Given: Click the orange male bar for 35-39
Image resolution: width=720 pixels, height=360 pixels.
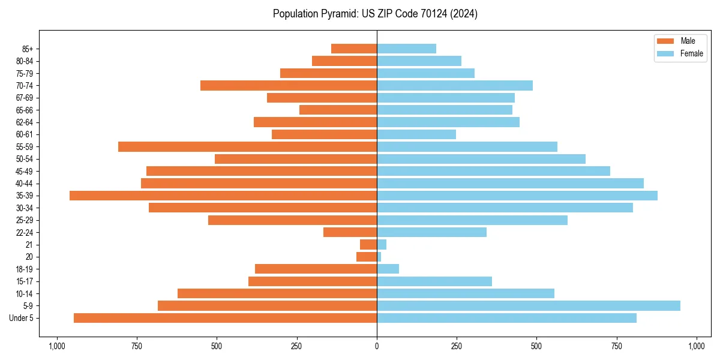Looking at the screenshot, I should click(x=223, y=196).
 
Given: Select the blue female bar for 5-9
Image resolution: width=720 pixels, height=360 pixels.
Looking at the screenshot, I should click(x=528, y=306).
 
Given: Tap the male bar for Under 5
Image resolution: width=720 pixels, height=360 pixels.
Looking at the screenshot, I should click(x=225, y=318).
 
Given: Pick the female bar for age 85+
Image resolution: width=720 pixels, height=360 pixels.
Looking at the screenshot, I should click(x=406, y=49).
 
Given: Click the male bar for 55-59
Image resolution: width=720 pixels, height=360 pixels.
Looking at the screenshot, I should click(x=247, y=146).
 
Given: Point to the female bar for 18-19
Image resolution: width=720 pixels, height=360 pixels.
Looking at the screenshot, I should click(x=388, y=269).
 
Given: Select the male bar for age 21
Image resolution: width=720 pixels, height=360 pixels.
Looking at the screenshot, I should click(x=368, y=244).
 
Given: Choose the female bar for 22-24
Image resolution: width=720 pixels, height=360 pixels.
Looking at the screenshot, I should click(x=431, y=232).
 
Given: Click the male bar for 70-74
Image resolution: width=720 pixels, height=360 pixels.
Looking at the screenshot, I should click(x=289, y=85).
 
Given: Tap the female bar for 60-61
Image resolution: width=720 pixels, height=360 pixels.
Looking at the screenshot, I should click(x=416, y=134).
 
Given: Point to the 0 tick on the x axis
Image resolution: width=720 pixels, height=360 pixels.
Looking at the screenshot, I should click(x=377, y=346).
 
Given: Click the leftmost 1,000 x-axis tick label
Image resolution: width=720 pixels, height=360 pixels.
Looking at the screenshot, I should click(x=57, y=346).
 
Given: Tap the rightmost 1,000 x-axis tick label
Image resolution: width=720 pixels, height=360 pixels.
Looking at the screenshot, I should click(x=697, y=346).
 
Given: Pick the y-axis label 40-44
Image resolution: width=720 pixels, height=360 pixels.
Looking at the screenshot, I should click(x=25, y=184).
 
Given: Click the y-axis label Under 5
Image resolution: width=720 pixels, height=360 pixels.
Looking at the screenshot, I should click(x=22, y=318).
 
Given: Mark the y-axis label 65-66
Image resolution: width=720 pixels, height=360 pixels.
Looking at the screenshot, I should click(x=25, y=110).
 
